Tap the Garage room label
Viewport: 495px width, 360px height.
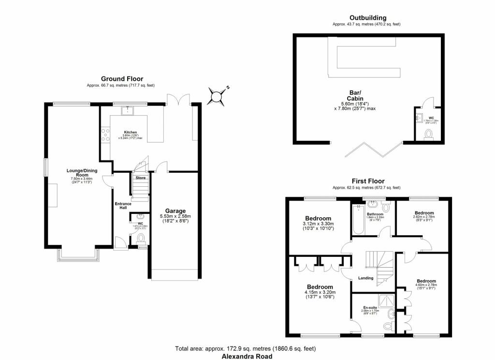coord(175,210)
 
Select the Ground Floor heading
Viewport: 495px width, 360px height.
coord(122,79)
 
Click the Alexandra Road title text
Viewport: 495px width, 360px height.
coord(247,356)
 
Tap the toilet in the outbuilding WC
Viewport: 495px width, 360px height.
coord(428,135)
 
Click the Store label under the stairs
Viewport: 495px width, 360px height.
coord(140,178)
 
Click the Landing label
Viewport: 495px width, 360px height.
coord(365,278)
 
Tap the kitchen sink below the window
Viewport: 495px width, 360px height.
coord(129,111)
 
